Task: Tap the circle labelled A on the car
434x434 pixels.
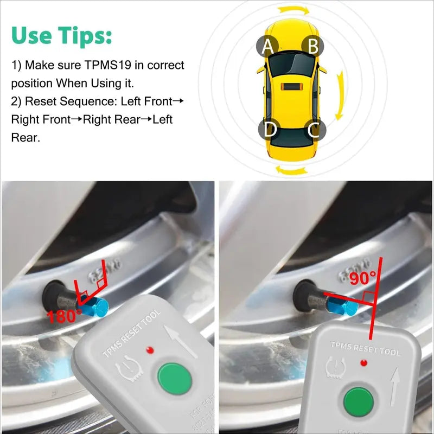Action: [267, 47]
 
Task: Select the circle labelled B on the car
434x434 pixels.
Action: [313, 46]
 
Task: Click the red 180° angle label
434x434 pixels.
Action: [64, 316]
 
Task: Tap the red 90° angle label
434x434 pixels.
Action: [362, 278]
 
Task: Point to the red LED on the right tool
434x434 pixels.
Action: [362, 361]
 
